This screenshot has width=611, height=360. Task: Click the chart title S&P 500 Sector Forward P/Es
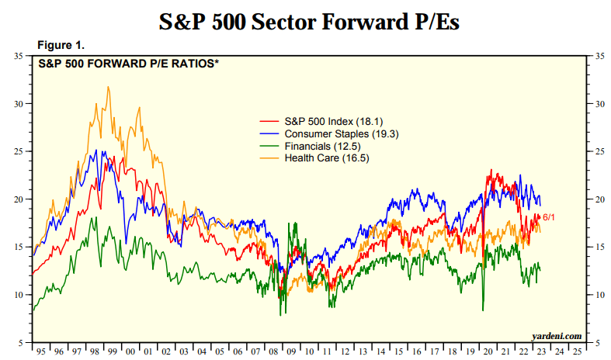[309, 22]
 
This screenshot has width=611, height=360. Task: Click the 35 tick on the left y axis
[19, 56]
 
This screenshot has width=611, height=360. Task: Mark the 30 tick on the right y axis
[599, 104]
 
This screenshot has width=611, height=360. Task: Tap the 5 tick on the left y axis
[21, 342]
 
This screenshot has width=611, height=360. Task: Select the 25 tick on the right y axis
[599, 151]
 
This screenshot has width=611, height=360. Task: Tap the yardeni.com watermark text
[556, 335]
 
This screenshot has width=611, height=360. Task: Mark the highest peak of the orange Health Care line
[108, 87]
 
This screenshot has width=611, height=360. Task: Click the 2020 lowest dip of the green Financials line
[483, 310]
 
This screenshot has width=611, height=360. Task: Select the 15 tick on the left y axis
[19, 247]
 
